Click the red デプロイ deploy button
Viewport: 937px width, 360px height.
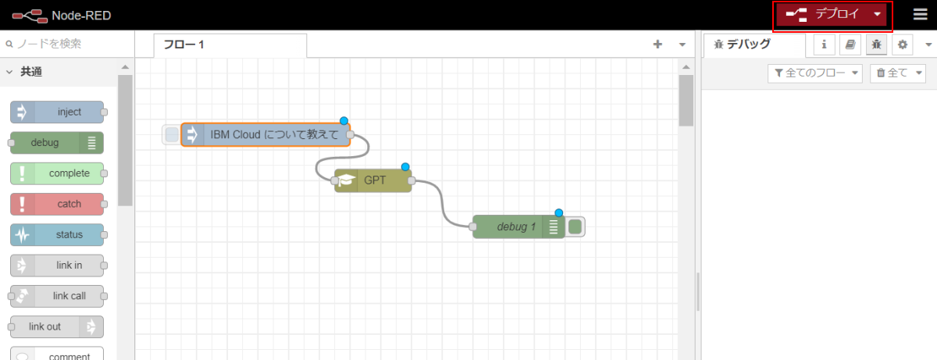tap(831, 15)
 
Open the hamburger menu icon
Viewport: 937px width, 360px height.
tap(921, 14)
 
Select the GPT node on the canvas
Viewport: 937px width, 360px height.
tap(373, 180)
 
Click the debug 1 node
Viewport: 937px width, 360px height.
tap(518, 226)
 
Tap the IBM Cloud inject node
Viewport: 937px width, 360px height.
tap(265, 134)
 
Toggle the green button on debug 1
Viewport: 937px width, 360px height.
tap(575, 226)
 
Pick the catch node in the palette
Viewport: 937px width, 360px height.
tap(57, 204)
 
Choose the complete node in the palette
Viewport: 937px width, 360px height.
tap(57, 173)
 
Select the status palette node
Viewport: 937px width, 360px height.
tap(57, 234)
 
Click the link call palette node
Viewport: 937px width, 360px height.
tap(57, 296)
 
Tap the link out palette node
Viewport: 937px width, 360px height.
tap(57, 326)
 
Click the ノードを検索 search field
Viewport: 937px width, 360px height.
tap(67, 44)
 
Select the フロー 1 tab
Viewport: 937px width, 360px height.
tap(230, 45)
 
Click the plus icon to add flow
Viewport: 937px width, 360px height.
tap(657, 45)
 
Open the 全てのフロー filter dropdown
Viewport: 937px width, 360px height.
tap(815, 73)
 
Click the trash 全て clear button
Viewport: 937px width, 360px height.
tap(898, 73)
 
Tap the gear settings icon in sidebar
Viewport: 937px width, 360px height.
tap(903, 45)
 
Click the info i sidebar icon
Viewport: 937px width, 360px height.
tap(824, 45)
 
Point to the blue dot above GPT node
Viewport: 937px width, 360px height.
tap(405, 167)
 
